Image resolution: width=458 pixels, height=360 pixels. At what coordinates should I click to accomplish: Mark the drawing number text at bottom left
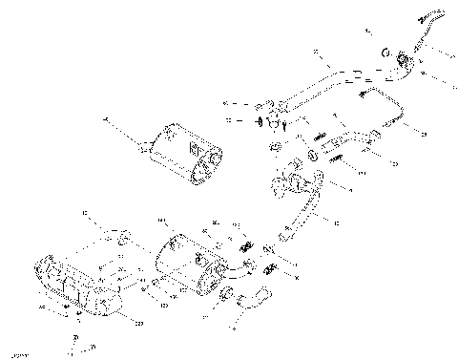point(15,352)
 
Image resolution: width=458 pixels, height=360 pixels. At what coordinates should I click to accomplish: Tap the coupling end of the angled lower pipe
point(283,233)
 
